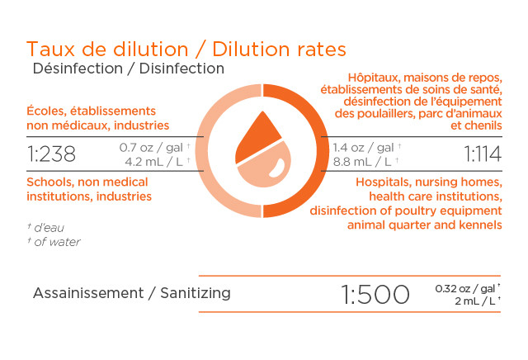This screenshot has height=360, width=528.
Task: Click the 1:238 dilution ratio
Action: [51, 154]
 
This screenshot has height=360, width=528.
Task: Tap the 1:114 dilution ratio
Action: [483, 154]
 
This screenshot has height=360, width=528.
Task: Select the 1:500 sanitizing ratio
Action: [375, 294]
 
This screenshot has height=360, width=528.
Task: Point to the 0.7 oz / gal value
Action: [151, 148]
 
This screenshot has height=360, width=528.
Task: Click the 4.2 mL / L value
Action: [154, 162]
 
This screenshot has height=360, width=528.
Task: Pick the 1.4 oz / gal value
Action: [363, 148]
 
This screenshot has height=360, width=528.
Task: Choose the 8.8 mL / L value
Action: [362, 162]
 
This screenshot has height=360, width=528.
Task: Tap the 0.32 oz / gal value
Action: [464, 288]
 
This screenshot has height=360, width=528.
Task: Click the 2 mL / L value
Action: [475, 301]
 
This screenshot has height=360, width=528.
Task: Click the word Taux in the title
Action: [50, 50]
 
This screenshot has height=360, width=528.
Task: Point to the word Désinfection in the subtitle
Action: [78, 69]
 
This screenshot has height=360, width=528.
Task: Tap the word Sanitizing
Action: [196, 293]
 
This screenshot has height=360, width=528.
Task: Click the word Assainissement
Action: [88, 293]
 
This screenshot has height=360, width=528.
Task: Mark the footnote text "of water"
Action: [57, 242]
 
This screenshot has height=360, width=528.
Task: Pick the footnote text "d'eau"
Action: [49, 228]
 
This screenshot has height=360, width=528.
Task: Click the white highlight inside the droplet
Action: [277, 168]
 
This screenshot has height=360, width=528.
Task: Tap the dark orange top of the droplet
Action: [256, 139]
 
